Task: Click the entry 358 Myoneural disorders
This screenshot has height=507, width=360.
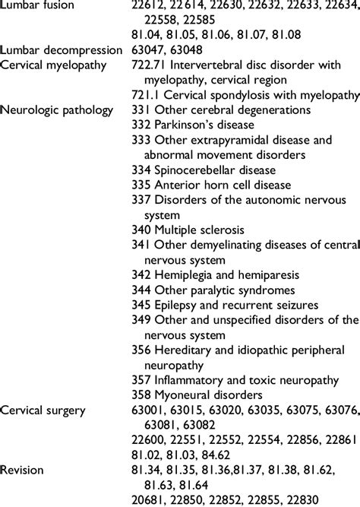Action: pos(197,395)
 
